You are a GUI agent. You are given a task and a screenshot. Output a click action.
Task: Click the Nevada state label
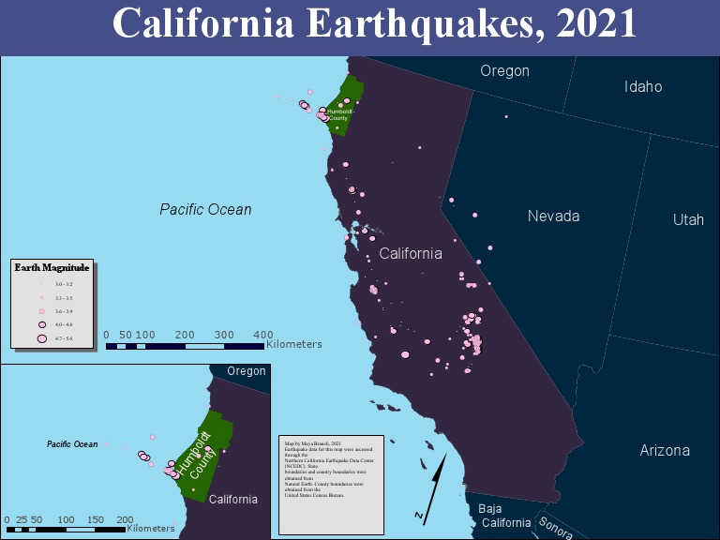553,217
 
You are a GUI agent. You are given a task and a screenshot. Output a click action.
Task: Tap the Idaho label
643,87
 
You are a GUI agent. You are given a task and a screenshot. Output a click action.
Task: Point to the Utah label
688,220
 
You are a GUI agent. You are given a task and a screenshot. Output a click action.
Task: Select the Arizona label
665,451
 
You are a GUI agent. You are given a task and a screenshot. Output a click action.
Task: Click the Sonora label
555,528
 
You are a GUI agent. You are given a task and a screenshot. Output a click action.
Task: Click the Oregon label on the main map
504,71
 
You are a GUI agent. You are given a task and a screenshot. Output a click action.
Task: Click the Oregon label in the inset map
247,371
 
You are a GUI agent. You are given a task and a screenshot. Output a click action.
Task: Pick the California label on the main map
411,254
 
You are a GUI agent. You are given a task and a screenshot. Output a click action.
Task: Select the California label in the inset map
233,500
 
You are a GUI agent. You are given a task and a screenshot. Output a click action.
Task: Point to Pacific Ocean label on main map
205,210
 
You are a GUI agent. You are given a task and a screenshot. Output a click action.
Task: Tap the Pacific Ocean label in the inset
72,444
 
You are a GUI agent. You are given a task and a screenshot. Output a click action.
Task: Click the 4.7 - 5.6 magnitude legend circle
41,337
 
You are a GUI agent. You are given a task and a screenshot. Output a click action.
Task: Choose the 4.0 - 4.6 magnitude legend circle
41,323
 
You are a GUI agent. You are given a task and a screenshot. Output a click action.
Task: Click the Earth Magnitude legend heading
52,267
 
